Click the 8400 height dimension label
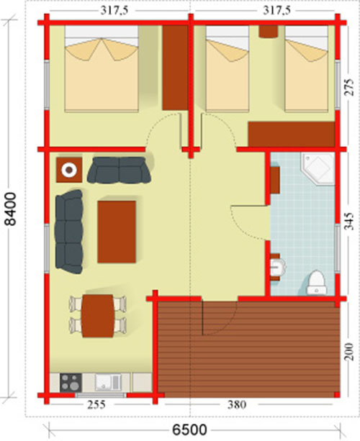[12, 209]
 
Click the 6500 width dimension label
[189, 430]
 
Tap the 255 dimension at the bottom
[96, 405]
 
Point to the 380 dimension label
[237, 405]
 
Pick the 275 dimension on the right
[349, 87]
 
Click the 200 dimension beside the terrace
[349, 351]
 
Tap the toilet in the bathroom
[316, 283]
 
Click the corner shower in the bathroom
[318, 168]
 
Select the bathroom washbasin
[277, 267]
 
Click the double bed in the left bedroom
[102, 69]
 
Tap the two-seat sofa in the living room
[119, 170]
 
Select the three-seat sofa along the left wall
[69, 232]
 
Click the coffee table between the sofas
[117, 232]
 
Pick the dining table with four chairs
[98, 316]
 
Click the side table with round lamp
[69, 170]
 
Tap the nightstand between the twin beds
[269, 32]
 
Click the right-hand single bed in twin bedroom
[307, 69]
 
